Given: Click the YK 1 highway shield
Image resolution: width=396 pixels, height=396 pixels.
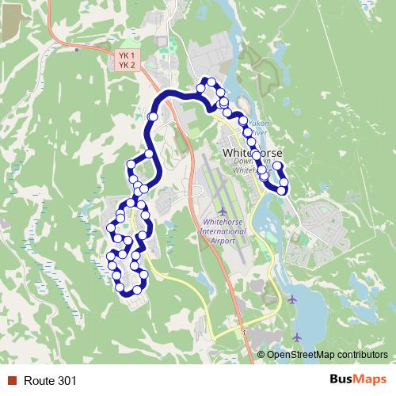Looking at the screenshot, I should pos(127,55).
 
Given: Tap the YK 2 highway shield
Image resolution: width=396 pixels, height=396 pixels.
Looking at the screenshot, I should pos(127,64).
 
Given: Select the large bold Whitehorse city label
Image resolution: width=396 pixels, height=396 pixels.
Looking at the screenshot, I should pos(248,150).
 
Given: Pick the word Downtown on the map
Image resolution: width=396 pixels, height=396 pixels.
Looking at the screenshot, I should pos(249,162).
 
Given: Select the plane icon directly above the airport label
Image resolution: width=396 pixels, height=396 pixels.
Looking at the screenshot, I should pos(223,211).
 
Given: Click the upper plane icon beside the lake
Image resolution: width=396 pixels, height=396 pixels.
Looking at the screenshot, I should pos(294,299).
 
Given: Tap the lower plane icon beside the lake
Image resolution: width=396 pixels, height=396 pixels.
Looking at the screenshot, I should pos(297,337).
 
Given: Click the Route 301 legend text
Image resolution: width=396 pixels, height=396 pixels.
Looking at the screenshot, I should pos(51,381).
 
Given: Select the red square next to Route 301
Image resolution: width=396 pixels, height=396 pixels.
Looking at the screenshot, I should pos(12,381).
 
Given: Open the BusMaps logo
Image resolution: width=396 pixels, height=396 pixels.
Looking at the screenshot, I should pos(358,380).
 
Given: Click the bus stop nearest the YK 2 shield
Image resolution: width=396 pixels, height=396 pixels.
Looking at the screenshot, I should pos(153,116).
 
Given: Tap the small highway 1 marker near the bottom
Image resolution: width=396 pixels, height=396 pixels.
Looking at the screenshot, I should pos(246,333).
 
